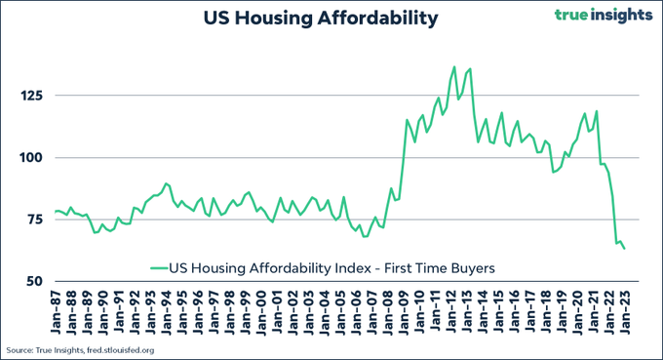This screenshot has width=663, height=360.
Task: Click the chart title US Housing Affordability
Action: tap(321, 19)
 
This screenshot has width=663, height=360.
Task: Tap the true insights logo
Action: tap(604, 16)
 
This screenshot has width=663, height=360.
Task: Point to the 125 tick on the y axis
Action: tap(32, 96)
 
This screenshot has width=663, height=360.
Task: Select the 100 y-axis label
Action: tap(32, 158)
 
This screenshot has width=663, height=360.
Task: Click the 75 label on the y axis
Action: tap(35, 220)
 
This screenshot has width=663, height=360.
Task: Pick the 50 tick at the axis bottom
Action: tap(34, 281)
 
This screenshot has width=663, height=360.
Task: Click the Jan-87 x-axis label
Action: tap(56, 312)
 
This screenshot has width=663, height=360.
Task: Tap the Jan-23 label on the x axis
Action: tap(624, 312)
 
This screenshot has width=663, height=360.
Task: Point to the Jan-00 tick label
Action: tap(261, 312)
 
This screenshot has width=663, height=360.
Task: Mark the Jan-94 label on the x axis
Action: tap(167, 312)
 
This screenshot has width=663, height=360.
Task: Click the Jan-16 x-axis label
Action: tap(514, 312)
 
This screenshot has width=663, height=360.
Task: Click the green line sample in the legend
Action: tap(159, 268)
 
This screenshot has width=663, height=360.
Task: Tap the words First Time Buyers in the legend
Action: tap(440, 268)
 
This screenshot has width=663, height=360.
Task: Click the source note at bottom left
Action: tap(80, 350)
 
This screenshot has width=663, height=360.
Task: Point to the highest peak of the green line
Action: tap(454, 67)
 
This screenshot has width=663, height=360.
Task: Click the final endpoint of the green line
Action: tap(625, 249)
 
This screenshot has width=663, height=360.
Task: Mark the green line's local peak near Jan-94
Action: tap(166, 183)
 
